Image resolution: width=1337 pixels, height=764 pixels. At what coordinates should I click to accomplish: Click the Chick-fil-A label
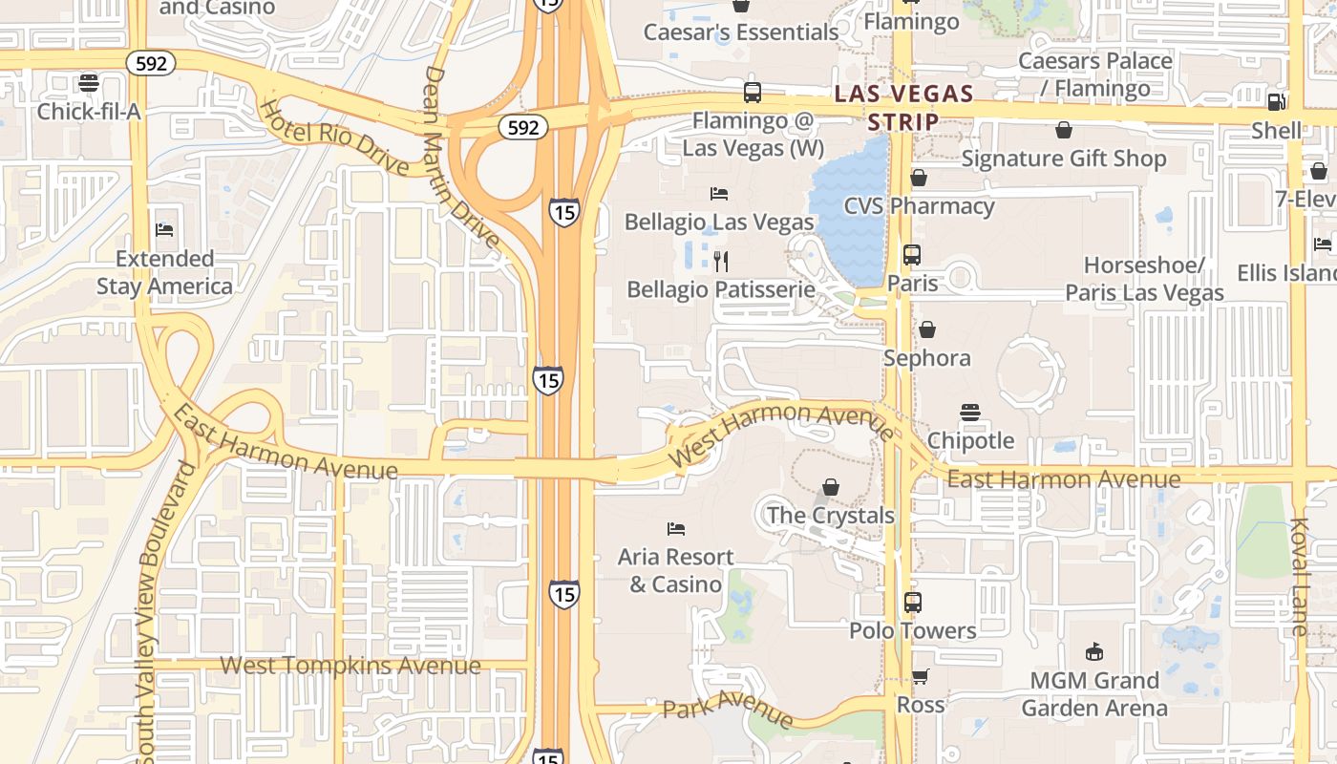tap(89, 112)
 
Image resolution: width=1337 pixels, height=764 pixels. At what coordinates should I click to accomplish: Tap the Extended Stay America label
tap(164, 272)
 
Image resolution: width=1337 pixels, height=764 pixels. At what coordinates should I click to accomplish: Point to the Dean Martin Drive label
tap(461, 157)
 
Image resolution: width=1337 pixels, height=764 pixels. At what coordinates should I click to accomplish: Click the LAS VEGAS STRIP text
tap(903, 107)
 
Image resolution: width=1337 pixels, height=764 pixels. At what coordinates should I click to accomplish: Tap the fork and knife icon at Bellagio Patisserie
tap(721, 261)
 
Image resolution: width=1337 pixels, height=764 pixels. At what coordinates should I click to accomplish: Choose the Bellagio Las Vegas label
tap(719, 222)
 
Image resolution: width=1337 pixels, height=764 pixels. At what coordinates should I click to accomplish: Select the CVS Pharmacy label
tap(919, 206)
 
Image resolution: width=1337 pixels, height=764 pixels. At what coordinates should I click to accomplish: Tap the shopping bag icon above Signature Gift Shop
tap(1064, 131)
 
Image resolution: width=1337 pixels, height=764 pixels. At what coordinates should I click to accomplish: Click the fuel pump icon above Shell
tap(1276, 102)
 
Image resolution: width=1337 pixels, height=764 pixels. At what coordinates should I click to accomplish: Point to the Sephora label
tap(926, 358)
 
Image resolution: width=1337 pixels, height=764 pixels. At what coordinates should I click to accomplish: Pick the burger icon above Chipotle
tap(970, 413)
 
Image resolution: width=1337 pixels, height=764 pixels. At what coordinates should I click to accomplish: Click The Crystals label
tap(831, 515)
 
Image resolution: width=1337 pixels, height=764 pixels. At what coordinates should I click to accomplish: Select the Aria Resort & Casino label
tap(675, 570)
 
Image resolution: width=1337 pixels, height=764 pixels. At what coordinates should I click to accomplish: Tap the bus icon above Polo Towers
tap(913, 603)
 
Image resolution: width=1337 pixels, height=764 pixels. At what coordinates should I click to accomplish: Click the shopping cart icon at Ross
tap(920, 677)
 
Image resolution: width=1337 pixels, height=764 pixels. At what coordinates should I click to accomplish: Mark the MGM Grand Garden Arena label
tap(1094, 694)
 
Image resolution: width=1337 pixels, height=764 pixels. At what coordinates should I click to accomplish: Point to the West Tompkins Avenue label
tap(350, 666)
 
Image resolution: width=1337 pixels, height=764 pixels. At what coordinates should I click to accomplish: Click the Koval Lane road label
tap(1300, 577)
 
